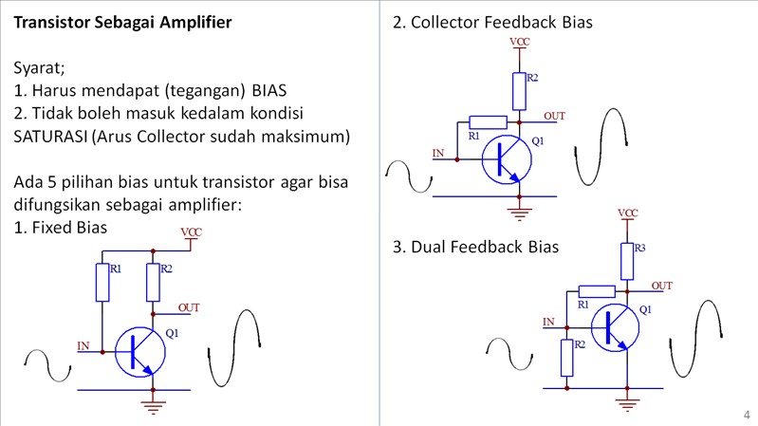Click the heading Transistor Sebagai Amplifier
(x=122, y=21)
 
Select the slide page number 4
(x=747, y=415)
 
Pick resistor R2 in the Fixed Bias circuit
(x=152, y=281)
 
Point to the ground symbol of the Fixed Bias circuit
(x=152, y=406)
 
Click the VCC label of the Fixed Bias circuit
(x=191, y=232)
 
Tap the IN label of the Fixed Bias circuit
(x=83, y=346)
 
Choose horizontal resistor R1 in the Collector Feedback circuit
(x=489, y=121)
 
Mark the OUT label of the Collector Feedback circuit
(x=555, y=116)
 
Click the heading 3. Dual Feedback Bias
(x=475, y=247)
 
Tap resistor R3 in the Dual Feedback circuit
(x=627, y=261)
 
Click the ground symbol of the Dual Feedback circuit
(x=627, y=405)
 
